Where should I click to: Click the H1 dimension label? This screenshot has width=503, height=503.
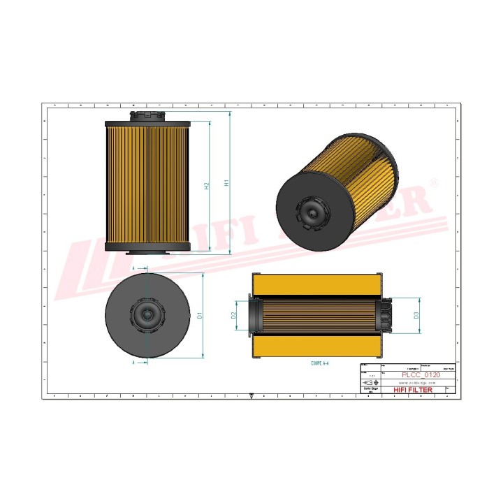[226, 183]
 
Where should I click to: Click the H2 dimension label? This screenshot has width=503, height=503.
[207, 187]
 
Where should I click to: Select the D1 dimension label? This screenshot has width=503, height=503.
[200, 316]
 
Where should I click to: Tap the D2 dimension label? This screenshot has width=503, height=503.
[235, 315]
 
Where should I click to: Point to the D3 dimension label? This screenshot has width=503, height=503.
[416, 316]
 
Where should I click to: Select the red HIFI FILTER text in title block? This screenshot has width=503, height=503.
[414, 390]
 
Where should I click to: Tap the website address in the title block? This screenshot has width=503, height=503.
[416, 383]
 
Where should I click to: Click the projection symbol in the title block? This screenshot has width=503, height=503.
[370, 383]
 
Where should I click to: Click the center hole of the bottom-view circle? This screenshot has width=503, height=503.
[147, 315]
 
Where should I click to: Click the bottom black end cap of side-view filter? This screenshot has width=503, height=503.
[148, 247]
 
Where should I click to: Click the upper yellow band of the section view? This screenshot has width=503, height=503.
[319, 284]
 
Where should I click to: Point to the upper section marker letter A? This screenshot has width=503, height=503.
[133, 268]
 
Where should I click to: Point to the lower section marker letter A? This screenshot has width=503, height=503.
[133, 364]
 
